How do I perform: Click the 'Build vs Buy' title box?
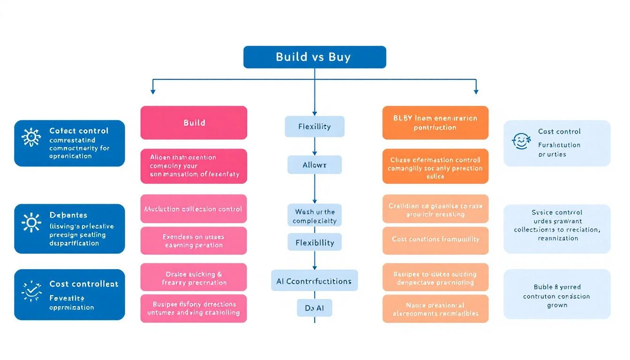315,57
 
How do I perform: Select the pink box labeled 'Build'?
194,123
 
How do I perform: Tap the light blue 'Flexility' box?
315,127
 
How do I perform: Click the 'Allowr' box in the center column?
315,165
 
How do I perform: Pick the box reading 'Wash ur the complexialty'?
315,216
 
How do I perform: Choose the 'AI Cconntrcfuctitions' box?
315,281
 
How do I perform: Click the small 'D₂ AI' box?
315,308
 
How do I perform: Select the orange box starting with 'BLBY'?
435,123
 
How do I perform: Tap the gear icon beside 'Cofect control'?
31,137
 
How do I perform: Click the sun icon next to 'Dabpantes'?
31,222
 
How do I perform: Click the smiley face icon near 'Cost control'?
521,141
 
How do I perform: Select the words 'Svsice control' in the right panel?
557,212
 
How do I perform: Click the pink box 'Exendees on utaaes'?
194,241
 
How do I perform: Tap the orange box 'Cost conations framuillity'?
435,240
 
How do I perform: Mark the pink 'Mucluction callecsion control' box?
194,209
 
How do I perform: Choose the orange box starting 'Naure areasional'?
435,309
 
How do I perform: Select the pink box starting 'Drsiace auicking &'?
194,278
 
